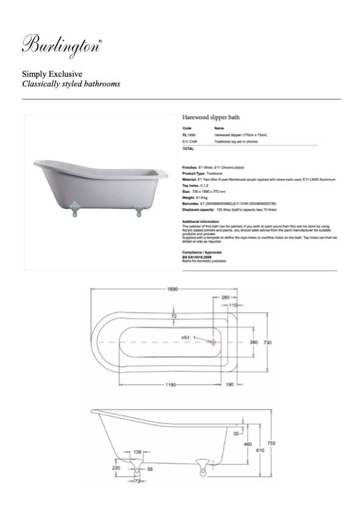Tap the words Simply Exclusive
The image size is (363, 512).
point(48,74)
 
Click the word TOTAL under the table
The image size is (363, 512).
point(188,149)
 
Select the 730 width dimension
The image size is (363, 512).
point(267,343)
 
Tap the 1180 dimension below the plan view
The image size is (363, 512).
point(171,385)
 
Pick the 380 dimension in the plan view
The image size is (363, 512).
point(254,343)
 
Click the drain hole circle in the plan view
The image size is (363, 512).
point(213,343)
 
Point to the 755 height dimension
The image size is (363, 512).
point(271,444)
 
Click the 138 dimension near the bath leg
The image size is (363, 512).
point(137,452)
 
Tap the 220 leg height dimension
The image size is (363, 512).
point(116,469)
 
